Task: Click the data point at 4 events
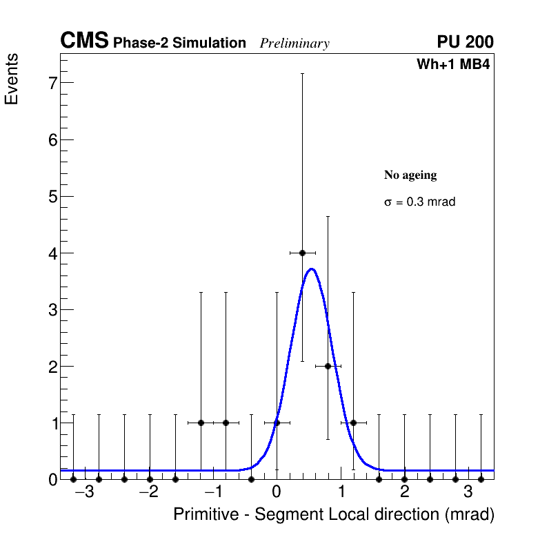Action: click(x=302, y=253)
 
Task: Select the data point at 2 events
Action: click(x=328, y=366)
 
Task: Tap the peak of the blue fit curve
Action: click(x=312, y=269)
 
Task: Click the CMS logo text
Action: click(x=84, y=41)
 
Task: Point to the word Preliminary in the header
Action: click(x=295, y=43)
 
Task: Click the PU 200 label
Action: click(x=465, y=42)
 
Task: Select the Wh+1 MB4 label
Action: click(x=453, y=65)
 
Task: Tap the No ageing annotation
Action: click(x=410, y=175)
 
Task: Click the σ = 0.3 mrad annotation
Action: click(x=419, y=202)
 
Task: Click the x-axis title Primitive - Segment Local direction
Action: click(x=334, y=514)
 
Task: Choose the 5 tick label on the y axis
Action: click(x=51, y=197)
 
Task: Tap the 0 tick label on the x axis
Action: click(x=277, y=492)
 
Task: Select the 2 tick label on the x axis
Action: click(x=404, y=492)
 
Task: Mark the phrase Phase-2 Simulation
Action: click(x=179, y=43)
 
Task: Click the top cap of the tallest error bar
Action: click(x=302, y=73)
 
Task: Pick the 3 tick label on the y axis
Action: click(x=51, y=310)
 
